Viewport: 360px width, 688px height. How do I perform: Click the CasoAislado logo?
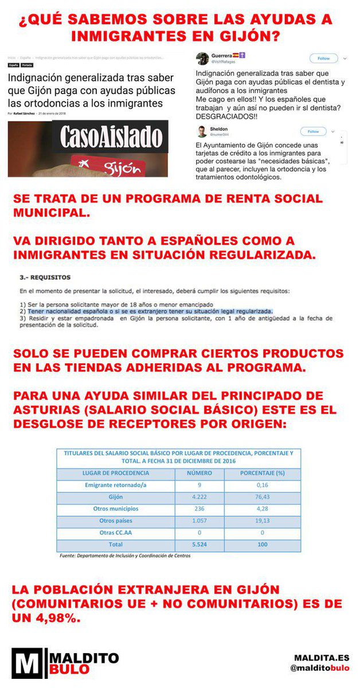[111, 138]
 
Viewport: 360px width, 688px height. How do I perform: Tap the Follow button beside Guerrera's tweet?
[323, 58]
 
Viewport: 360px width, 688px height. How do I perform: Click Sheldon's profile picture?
[202, 131]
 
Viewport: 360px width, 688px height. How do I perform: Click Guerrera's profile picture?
[202, 58]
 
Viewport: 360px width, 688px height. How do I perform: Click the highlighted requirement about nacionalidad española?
[150, 311]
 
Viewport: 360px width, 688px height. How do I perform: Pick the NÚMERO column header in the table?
[199, 473]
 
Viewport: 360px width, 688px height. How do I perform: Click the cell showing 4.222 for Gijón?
[199, 497]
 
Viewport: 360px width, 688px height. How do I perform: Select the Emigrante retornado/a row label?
[116, 485]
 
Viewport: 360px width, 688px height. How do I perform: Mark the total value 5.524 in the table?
[199, 544]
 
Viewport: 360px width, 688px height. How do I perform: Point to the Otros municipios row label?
[116, 509]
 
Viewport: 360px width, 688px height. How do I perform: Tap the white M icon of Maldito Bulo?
[25, 662]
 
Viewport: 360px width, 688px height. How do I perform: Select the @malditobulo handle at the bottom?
[321, 669]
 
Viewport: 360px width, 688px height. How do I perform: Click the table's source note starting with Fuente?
[124, 556]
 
